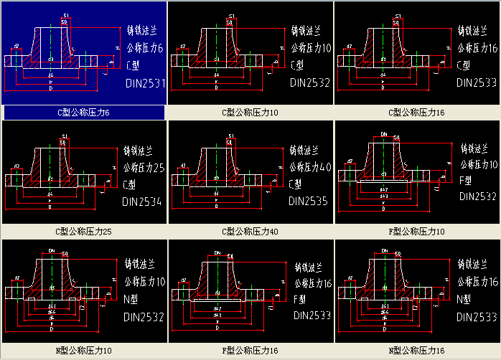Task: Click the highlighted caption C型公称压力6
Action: pos(84,113)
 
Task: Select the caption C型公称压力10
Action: pos(250,113)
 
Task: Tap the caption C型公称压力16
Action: pos(416,113)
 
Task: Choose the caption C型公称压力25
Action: pos(84,232)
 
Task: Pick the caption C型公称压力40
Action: pos(250,232)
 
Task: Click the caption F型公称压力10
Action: pos(416,232)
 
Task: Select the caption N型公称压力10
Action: pos(84,351)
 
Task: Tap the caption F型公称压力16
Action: pos(250,351)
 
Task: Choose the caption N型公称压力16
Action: pos(416,351)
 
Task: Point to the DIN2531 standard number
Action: pos(146,84)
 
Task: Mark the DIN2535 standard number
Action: pos(309,202)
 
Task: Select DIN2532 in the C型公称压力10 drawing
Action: pos(310,82)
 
